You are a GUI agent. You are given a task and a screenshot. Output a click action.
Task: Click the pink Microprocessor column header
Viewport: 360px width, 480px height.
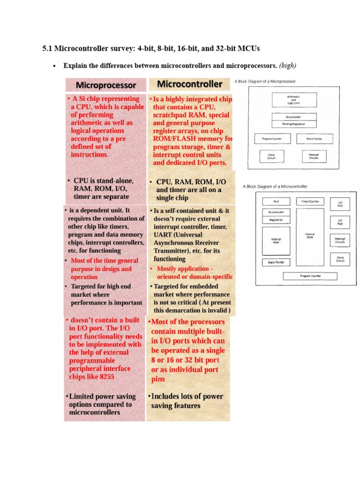(x=106, y=85)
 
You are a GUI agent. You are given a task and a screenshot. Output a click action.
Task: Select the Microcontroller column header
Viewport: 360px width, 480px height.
(x=189, y=84)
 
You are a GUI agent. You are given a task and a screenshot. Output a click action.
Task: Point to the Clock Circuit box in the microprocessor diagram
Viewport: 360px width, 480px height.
(x=271, y=157)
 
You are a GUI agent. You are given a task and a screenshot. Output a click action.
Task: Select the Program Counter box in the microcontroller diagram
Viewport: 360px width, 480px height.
(x=310, y=276)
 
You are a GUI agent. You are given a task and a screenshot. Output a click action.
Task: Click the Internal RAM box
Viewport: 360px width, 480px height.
(x=276, y=240)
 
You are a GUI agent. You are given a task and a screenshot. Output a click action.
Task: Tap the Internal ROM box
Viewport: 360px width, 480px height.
(x=310, y=236)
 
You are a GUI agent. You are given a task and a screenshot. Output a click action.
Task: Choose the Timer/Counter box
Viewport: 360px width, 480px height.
(x=310, y=202)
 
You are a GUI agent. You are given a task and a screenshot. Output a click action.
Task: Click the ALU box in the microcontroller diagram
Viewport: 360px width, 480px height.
(x=276, y=202)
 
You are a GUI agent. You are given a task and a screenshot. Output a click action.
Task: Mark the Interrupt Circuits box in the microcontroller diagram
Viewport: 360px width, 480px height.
(x=340, y=240)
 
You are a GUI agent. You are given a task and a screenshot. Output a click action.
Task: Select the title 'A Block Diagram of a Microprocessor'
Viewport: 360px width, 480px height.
(x=265, y=81)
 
